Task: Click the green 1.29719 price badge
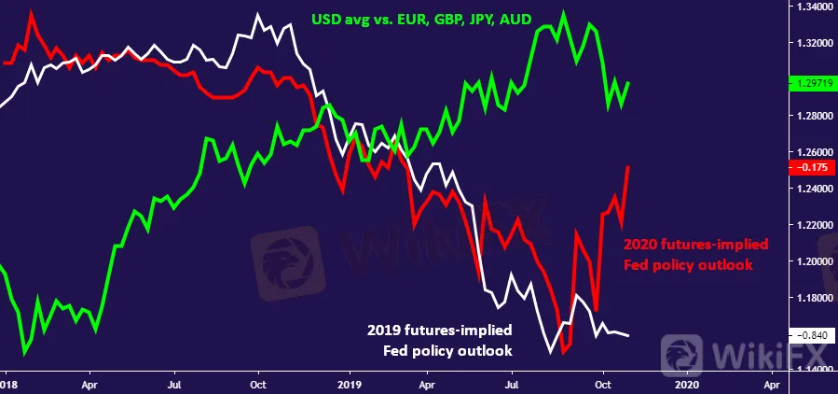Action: (811, 83)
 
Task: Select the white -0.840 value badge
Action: (811, 335)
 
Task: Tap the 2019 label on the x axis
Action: (349, 383)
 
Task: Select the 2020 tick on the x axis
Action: (685, 383)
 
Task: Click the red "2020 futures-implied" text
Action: (695, 245)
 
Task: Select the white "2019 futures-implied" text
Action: (441, 331)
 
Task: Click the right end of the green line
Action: (629, 82)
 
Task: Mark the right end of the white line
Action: (628, 335)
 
